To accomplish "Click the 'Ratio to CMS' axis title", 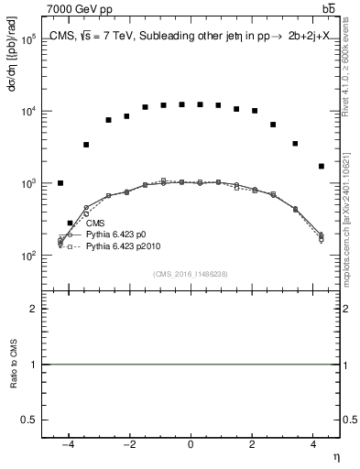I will [x=13, y=389].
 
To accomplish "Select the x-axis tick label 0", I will [x=191, y=444].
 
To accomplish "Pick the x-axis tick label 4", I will [x=314, y=444].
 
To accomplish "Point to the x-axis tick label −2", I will [x=127, y=444].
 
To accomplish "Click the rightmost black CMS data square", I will [x=321, y=166].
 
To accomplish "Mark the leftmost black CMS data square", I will [x=60, y=183].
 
